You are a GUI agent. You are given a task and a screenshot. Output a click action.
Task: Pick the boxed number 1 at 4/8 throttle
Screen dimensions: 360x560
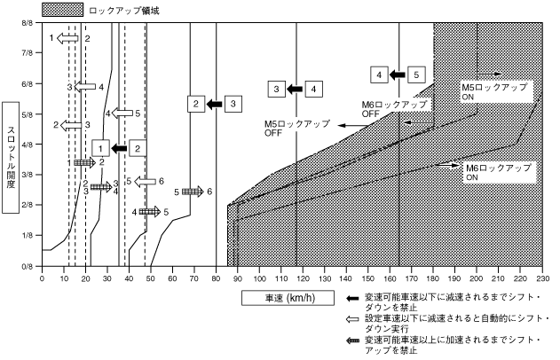(x=102, y=148)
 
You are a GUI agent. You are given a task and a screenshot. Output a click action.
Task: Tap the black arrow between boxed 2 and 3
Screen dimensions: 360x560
(x=214, y=105)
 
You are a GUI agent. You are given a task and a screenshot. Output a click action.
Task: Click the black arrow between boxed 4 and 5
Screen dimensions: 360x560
(x=398, y=74)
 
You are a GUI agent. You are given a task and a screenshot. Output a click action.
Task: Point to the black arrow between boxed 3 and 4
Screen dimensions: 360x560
(x=295, y=89)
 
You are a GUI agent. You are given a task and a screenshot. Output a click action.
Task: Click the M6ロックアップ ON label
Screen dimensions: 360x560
(x=498, y=171)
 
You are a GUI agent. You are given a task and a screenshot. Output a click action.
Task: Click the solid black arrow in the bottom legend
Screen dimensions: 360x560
(x=352, y=298)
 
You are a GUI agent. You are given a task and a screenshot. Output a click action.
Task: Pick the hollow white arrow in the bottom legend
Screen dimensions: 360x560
(x=352, y=320)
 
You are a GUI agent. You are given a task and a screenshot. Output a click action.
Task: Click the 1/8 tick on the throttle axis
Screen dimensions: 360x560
(x=28, y=235)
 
